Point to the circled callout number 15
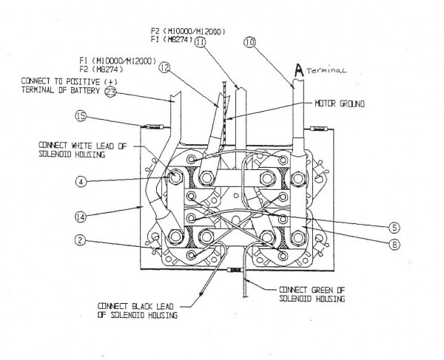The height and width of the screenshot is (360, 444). tap(79, 115)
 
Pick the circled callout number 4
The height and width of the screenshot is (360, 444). tap(80, 179)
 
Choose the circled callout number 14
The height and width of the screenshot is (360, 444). tap(80, 217)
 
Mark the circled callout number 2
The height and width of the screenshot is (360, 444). tap(80, 240)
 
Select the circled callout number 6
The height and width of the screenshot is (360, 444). tap(394, 242)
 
